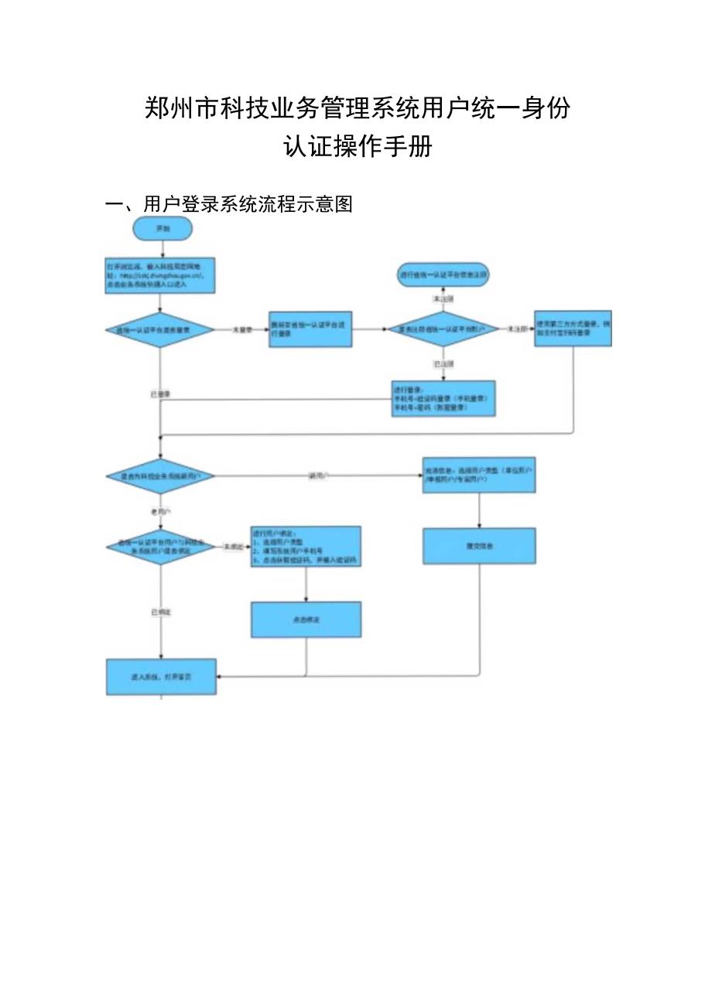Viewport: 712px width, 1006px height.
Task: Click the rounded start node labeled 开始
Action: tap(162, 229)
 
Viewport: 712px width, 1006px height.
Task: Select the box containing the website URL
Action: tap(159, 275)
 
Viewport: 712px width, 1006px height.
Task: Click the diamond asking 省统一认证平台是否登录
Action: tap(159, 329)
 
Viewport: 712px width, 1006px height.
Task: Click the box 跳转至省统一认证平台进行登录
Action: tap(310, 329)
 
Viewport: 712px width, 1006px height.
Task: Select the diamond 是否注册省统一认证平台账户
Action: tap(443, 329)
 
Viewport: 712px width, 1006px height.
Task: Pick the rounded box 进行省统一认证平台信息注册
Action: tap(443, 275)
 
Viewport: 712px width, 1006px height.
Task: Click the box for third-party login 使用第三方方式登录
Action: tap(573, 329)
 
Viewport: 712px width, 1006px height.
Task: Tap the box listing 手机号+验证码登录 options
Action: tap(443, 398)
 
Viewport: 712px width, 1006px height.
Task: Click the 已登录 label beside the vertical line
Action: tap(160, 394)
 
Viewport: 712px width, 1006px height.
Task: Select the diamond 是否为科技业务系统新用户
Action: tap(159, 476)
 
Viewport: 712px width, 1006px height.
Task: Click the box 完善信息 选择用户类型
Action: tap(479, 475)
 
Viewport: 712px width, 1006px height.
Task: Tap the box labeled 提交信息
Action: tap(479, 546)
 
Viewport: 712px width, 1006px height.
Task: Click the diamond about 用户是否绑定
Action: tap(159, 547)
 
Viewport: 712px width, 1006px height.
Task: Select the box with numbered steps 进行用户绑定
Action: tap(306, 547)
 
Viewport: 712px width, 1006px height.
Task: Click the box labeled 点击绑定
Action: tap(306, 619)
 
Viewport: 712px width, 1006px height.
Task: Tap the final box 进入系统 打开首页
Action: tap(161, 677)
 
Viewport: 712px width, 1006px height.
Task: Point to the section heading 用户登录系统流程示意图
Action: tap(248, 204)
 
